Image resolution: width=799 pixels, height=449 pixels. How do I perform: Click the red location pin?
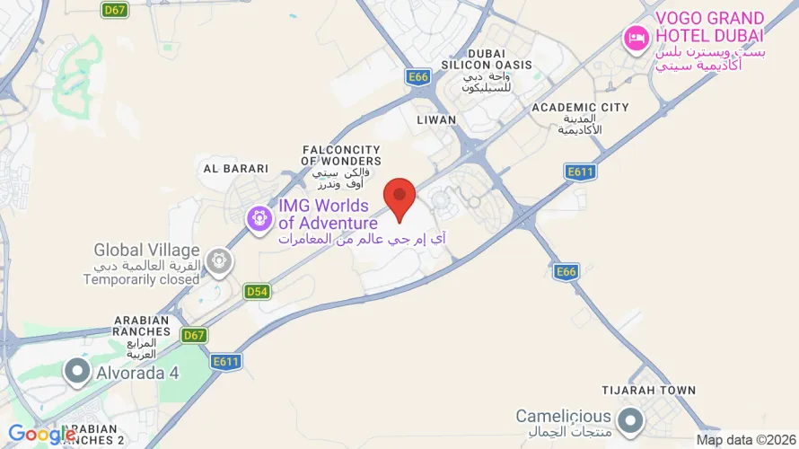pos(399,197)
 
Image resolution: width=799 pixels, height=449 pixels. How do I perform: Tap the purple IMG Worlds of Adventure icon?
pos(260,216)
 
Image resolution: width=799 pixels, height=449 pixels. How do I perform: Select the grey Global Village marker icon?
pos(218,261)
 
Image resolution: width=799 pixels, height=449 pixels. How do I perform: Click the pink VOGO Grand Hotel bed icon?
pos(636,38)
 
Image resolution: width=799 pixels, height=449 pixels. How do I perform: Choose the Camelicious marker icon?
pos(631,419)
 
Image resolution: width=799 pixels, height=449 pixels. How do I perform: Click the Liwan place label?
pos(436,119)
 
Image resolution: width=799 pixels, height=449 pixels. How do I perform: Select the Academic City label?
pos(580,108)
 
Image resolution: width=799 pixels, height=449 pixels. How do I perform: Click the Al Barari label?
pos(236,168)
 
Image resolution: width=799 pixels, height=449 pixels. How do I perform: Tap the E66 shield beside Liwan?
pos(418,77)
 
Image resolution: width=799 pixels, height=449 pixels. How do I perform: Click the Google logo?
pos(42,436)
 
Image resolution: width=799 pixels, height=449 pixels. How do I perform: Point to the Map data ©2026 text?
pos(745,440)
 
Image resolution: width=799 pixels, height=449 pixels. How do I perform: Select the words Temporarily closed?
pos(141,279)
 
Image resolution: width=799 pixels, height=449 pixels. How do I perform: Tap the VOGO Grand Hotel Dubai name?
pos(709,27)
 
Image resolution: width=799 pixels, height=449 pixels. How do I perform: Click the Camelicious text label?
pos(564,417)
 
